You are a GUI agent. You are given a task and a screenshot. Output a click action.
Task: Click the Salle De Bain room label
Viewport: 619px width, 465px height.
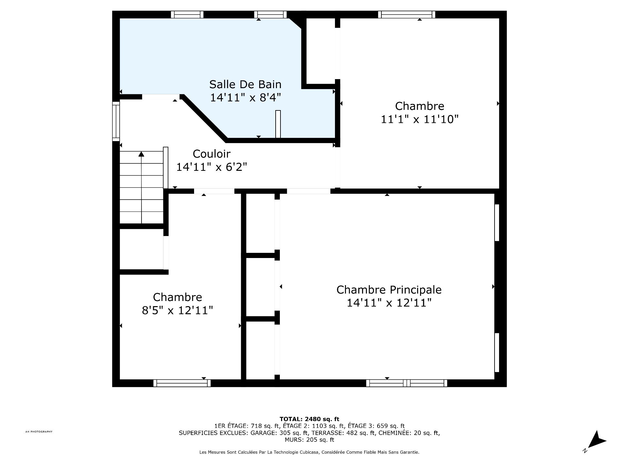coord(245,85)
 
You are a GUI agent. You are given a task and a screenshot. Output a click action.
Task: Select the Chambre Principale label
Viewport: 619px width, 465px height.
coord(389,290)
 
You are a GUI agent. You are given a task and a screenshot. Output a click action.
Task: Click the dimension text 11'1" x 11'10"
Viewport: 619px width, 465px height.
coord(419,119)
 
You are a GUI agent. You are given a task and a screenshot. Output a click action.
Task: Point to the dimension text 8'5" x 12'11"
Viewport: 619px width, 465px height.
coord(177,311)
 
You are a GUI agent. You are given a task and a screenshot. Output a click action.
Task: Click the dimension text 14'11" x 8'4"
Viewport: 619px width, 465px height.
coord(245,98)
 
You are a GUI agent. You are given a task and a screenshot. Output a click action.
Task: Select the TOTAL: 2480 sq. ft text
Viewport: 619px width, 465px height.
coord(309,419)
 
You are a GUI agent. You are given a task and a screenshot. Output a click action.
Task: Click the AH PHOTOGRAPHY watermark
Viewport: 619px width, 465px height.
coord(39,432)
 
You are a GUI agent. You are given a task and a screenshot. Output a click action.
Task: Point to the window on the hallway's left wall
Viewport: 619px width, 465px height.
coord(116,121)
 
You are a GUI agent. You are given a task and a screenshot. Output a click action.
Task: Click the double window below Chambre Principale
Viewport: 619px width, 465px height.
coord(407,383)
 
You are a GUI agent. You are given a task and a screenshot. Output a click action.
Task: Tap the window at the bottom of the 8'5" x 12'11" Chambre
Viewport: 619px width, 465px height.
coord(182,383)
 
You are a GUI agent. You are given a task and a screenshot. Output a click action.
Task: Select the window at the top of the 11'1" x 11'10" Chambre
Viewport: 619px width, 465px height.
coord(407,15)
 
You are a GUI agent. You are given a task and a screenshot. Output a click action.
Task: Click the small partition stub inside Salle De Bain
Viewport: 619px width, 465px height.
coord(278,124)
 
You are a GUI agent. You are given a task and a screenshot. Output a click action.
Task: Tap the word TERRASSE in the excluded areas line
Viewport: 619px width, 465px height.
coord(324,433)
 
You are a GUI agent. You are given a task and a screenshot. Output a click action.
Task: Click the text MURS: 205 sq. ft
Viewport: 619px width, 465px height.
coord(309,440)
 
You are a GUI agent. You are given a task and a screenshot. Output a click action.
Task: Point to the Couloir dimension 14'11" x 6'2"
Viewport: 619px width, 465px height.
coord(211,167)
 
